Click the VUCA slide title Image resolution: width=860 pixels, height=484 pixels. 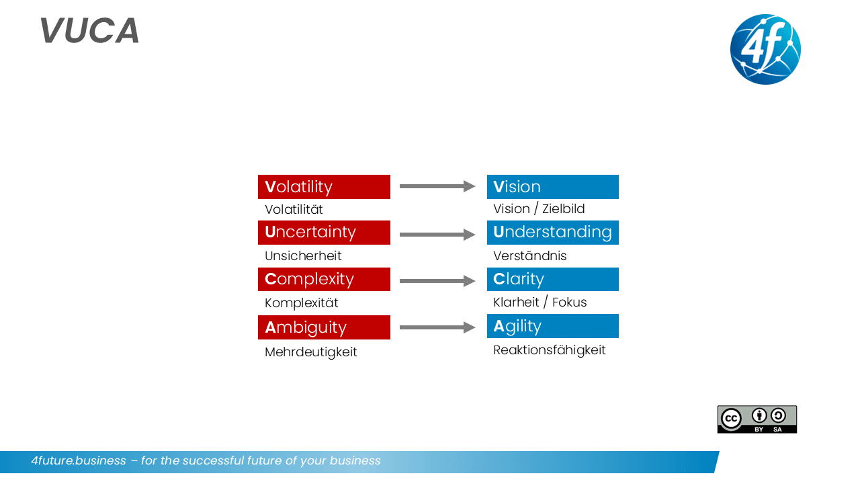coord(89,31)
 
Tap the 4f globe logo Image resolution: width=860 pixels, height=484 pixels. coord(765,49)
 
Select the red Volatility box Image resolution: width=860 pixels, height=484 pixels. coord(324,187)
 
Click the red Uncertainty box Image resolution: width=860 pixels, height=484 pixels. coord(324,233)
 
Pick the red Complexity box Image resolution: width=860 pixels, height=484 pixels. coord(324,279)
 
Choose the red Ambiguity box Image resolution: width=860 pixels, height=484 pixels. coord(324,327)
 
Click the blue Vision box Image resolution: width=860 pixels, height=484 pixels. coord(552,187)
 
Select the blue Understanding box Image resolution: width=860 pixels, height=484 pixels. coord(552,233)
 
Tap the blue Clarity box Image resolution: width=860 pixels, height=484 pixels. coord(552,279)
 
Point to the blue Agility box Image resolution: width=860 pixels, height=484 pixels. coord(552,326)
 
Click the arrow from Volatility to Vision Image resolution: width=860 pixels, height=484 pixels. coord(437,186)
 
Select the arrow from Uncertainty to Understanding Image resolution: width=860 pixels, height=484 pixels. coord(437,235)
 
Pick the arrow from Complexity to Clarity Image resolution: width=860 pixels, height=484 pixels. coord(437,281)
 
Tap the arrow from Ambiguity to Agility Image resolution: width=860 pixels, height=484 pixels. coord(437,327)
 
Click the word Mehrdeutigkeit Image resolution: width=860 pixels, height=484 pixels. coord(311,352)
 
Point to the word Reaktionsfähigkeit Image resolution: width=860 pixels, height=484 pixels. coord(550,350)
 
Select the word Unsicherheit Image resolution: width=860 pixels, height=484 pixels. coord(303,256)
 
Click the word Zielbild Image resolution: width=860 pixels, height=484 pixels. coord(563,209)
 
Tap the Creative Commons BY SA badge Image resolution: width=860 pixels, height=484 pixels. coord(757,419)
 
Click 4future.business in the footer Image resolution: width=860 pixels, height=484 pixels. coord(79,461)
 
